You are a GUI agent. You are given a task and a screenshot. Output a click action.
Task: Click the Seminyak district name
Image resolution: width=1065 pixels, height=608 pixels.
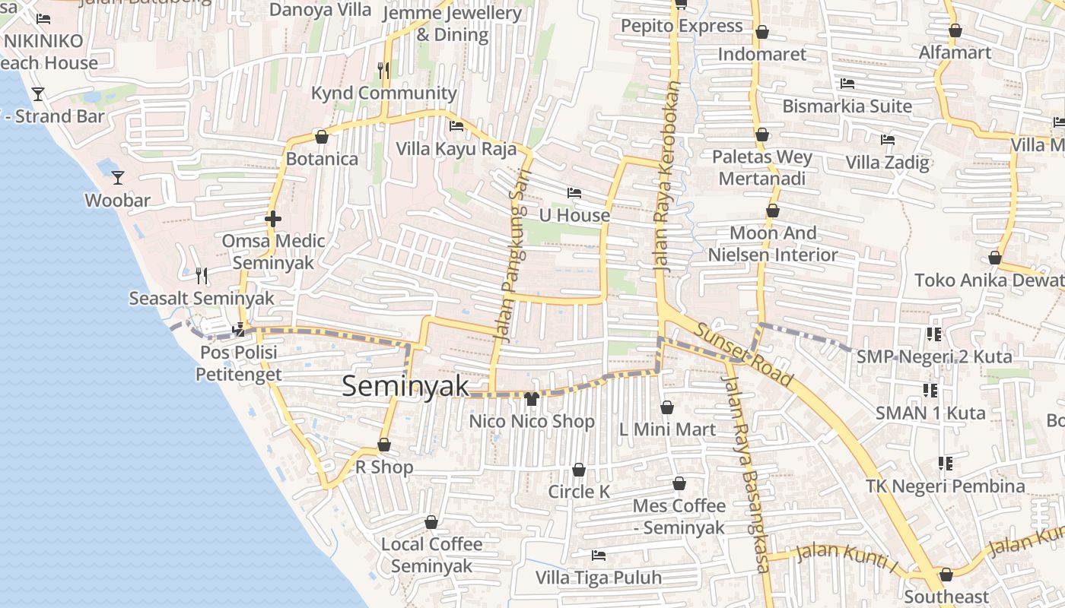tap(405, 386)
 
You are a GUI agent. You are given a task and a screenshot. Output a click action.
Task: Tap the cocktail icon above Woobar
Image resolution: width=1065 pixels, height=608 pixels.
tap(118, 178)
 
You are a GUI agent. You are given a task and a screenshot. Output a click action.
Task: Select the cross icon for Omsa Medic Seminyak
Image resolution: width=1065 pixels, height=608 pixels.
tap(273, 219)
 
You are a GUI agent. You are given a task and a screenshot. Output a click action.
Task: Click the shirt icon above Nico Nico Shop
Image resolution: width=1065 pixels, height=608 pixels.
tap(531, 398)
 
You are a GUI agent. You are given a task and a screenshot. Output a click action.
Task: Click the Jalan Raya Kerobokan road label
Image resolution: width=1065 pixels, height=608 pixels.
tap(666, 176)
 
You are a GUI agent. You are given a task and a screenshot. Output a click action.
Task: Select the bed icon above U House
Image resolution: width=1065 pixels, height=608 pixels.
tap(574, 193)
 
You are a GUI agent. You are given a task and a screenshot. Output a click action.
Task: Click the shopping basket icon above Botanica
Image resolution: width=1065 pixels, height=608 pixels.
tap(322, 137)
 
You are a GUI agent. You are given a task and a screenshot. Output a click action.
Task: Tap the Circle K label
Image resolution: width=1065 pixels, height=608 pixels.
tap(579, 492)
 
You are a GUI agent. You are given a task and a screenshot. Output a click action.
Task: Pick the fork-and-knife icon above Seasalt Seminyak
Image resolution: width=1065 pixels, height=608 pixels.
tap(202, 275)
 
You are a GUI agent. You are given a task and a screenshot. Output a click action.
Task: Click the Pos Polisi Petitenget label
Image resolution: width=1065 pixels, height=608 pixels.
tap(239, 363)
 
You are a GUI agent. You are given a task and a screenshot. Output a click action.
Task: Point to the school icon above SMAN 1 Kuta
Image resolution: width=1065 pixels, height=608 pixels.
tap(930, 391)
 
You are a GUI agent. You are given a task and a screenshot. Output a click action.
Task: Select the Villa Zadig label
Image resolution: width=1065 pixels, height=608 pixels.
tap(887, 162)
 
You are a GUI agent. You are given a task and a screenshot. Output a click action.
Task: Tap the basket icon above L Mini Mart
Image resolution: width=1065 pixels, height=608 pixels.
tap(667, 407)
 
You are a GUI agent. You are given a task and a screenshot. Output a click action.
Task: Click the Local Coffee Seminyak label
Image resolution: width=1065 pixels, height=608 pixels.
tap(431, 555)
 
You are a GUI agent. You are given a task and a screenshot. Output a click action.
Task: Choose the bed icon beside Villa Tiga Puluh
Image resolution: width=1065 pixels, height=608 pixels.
tap(599, 556)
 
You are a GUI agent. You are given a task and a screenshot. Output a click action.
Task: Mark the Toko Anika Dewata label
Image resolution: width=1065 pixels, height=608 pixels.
tap(989, 280)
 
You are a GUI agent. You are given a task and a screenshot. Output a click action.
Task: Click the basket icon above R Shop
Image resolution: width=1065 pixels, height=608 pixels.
tap(384, 445)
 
